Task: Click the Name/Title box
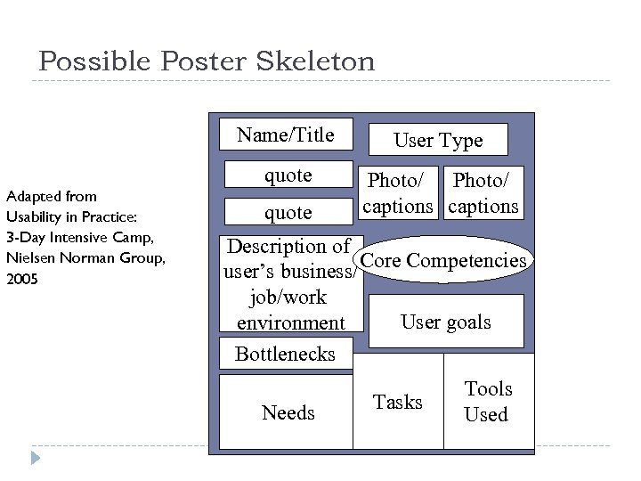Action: pyautogui.click(x=286, y=135)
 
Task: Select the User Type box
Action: pyautogui.click(x=438, y=140)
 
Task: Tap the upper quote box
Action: pyautogui.click(x=288, y=175)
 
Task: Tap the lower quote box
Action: pyautogui.click(x=288, y=212)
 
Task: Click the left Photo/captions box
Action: pyautogui.click(x=397, y=193)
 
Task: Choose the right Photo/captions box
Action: pyautogui.click(x=483, y=193)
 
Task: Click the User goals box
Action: pyautogui.click(x=446, y=322)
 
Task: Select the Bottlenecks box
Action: pyautogui.click(x=285, y=354)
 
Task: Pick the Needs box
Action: pyautogui.click(x=288, y=412)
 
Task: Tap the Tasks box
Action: pyautogui.click(x=398, y=403)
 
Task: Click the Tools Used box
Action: pyautogui.click(x=488, y=402)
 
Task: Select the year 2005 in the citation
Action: pyautogui.click(x=21, y=278)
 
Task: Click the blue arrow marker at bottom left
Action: pyautogui.click(x=35, y=459)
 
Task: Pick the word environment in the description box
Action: pyautogui.click(x=290, y=322)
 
